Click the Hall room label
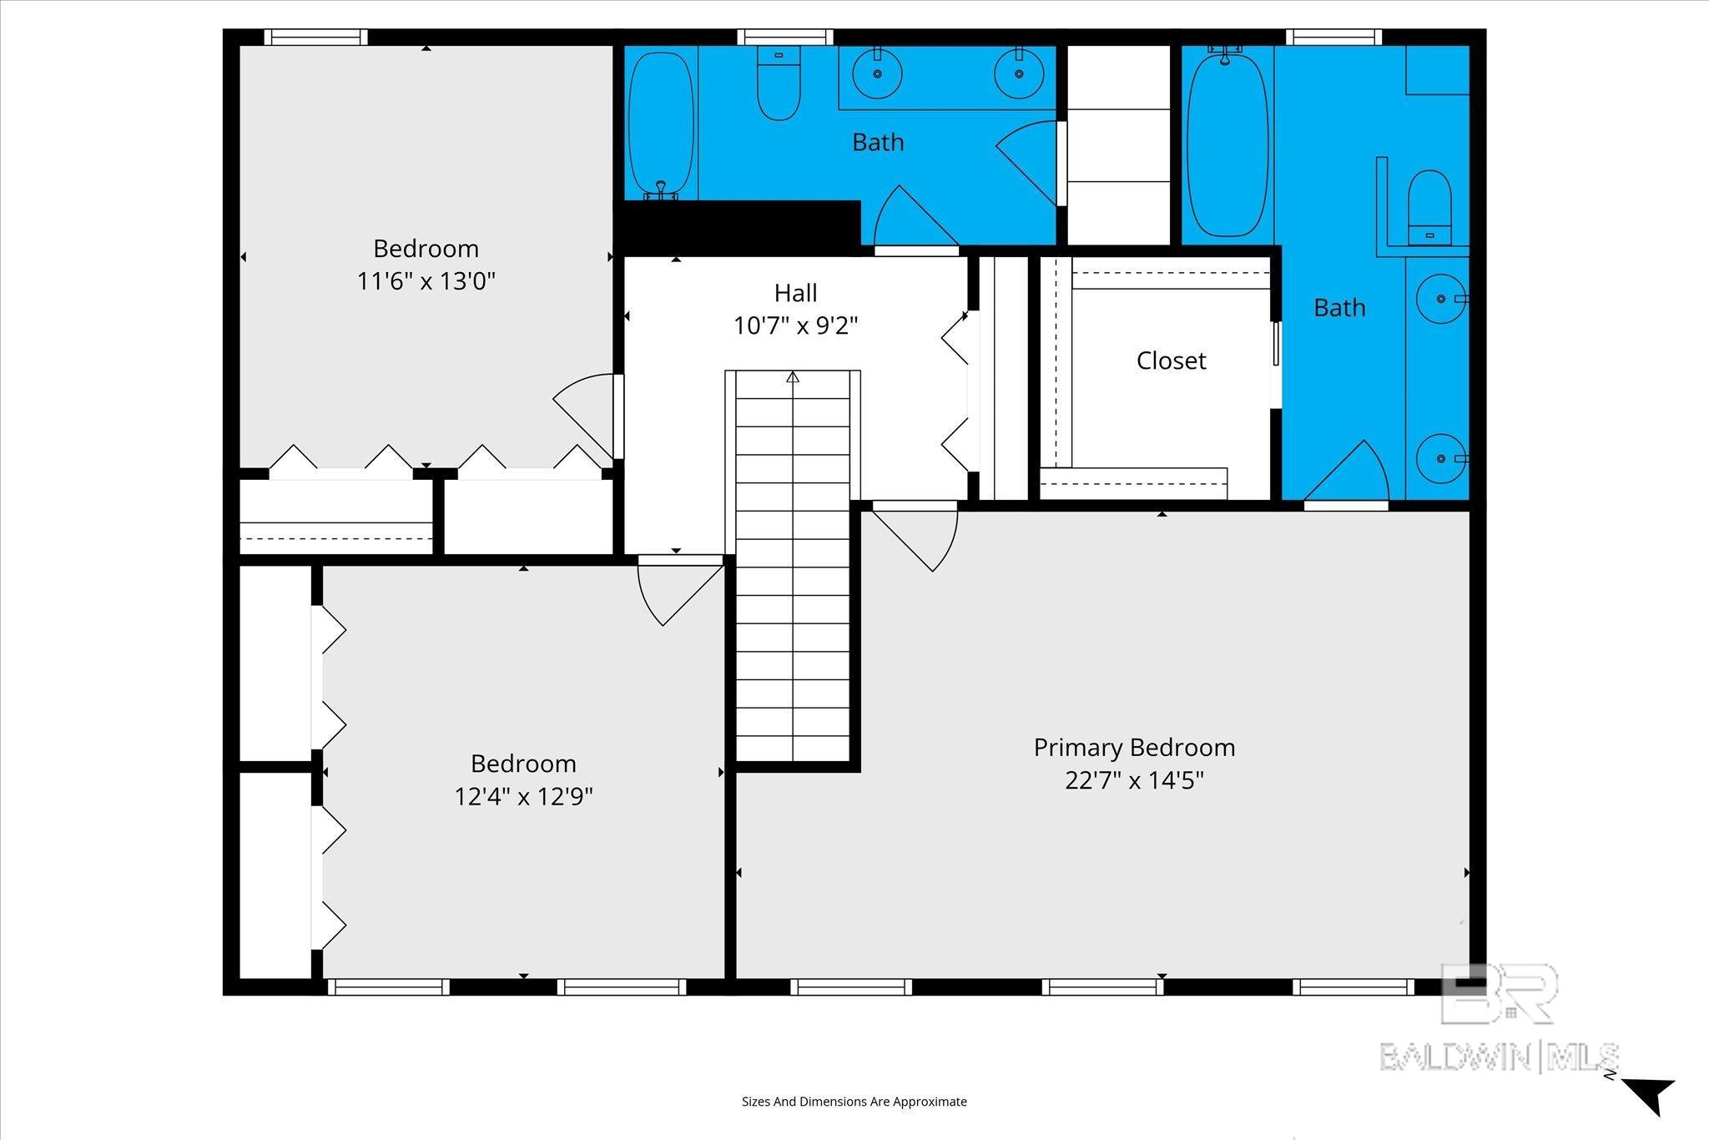tap(795, 293)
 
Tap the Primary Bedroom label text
tap(1134, 748)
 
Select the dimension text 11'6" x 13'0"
tap(426, 281)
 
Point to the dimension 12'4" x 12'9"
tap(523, 797)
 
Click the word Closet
tap(1171, 361)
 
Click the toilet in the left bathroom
tap(779, 82)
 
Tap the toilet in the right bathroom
tap(1429, 208)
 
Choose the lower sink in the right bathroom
tap(1441, 458)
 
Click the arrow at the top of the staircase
tap(792, 377)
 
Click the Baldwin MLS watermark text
tap(1499, 1057)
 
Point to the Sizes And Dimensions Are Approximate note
tap(854, 1102)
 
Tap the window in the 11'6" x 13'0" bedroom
tap(316, 38)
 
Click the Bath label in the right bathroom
tap(1339, 308)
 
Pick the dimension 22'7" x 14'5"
tap(1134, 780)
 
